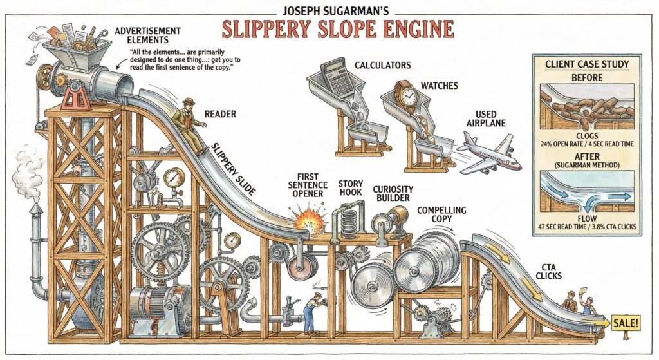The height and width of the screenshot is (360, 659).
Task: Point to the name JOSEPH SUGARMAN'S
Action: point(337,9)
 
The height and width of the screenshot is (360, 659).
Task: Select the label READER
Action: point(219,114)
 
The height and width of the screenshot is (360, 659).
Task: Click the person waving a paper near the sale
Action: point(588,302)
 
